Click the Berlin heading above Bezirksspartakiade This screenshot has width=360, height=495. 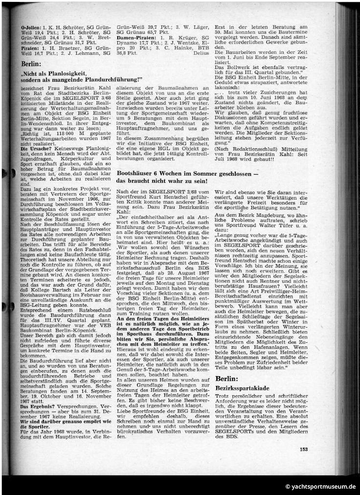tap(228, 379)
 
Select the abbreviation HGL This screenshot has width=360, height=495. tap(164, 144)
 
